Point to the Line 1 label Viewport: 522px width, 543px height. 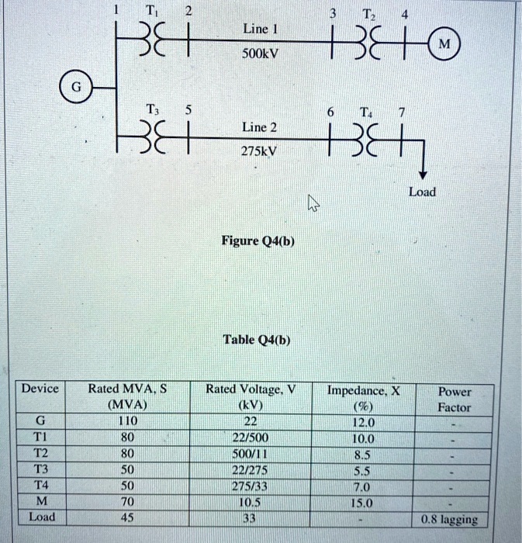coord(255,28)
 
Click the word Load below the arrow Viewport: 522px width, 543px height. coord(422,192)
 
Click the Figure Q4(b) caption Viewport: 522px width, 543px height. coord(258,241)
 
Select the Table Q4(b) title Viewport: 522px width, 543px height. coord(256,340)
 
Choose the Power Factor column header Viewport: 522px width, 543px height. coord(454,399)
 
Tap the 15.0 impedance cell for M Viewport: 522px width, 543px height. coord(363,502)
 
